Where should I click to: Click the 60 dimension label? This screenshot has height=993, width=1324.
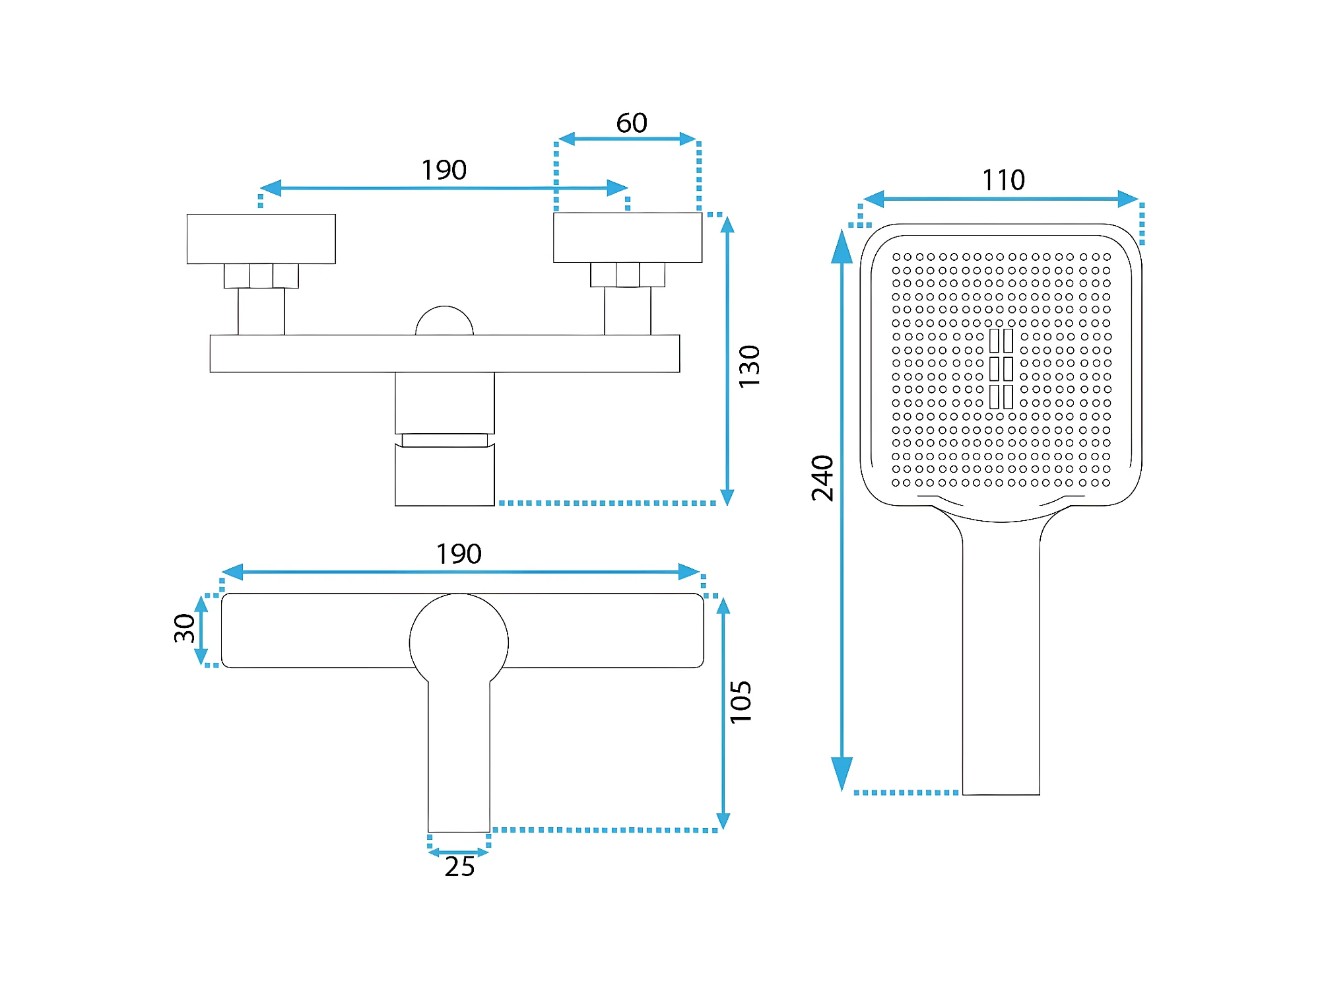[x=632, y=123]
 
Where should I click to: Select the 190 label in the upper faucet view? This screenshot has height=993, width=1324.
[x=444, y=170]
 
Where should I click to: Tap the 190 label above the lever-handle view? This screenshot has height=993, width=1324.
[x=459, y=554]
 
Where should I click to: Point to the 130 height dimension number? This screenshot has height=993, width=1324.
[x=749, y=366]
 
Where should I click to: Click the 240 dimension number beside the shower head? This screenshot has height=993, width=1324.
[x=822, y=478]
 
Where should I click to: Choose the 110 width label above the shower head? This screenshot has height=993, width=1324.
[x=1003, y=180]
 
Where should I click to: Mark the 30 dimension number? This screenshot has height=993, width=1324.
[x=184, y=628]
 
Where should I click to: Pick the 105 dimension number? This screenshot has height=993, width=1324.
[x=741, y=702]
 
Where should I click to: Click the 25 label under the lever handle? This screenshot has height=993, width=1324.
[x=459, y=867]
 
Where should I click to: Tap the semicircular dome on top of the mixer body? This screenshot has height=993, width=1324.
[x=444, y=320]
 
